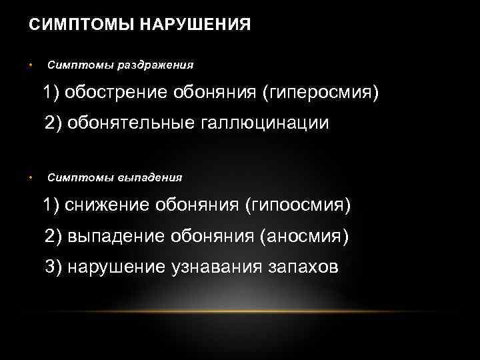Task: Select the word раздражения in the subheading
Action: click(x=155, y=65)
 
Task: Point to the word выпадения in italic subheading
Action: click(x=150, y=178)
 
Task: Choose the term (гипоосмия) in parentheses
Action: click(x=297, y=205)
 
